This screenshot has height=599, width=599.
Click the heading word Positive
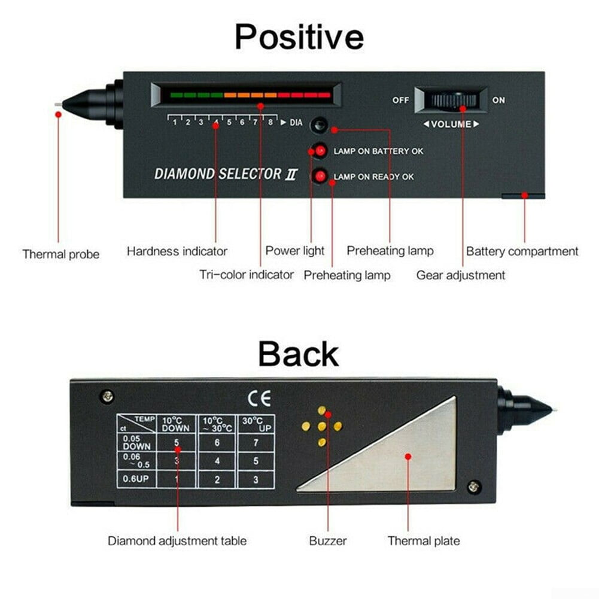(x=299, y=37)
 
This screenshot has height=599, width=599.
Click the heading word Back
(x=299, y=354)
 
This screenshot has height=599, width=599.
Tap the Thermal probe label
(x=61, y=254)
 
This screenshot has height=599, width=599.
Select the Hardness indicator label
(x=177, y=251)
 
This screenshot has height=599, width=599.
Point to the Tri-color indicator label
(x=247, y=274)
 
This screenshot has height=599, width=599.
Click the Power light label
(x=294, y=251)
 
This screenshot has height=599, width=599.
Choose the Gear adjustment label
(x=460, y=275)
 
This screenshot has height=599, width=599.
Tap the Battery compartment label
(x=522, y=251)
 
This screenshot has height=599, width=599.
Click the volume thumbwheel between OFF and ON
(x=451, y=100)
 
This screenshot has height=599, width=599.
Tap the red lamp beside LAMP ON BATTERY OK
(x=320, y=151)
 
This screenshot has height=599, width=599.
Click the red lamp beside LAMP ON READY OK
(x=320, y=176)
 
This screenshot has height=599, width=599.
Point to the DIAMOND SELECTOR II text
(x=226, y=174)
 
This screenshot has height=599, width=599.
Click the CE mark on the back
(x=259, y=398)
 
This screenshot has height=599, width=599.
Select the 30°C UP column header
(x=256, y=424)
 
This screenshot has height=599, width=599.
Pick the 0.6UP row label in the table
(x=136, y=478)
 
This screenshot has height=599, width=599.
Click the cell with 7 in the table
(x=256, y=443)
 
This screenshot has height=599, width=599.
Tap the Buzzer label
(x=328, y=541)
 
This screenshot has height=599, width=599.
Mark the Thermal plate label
(x=424, y=541)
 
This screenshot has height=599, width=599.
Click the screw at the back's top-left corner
(x=108, y=396)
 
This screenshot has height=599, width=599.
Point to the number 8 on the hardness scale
(x=270, y=122)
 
